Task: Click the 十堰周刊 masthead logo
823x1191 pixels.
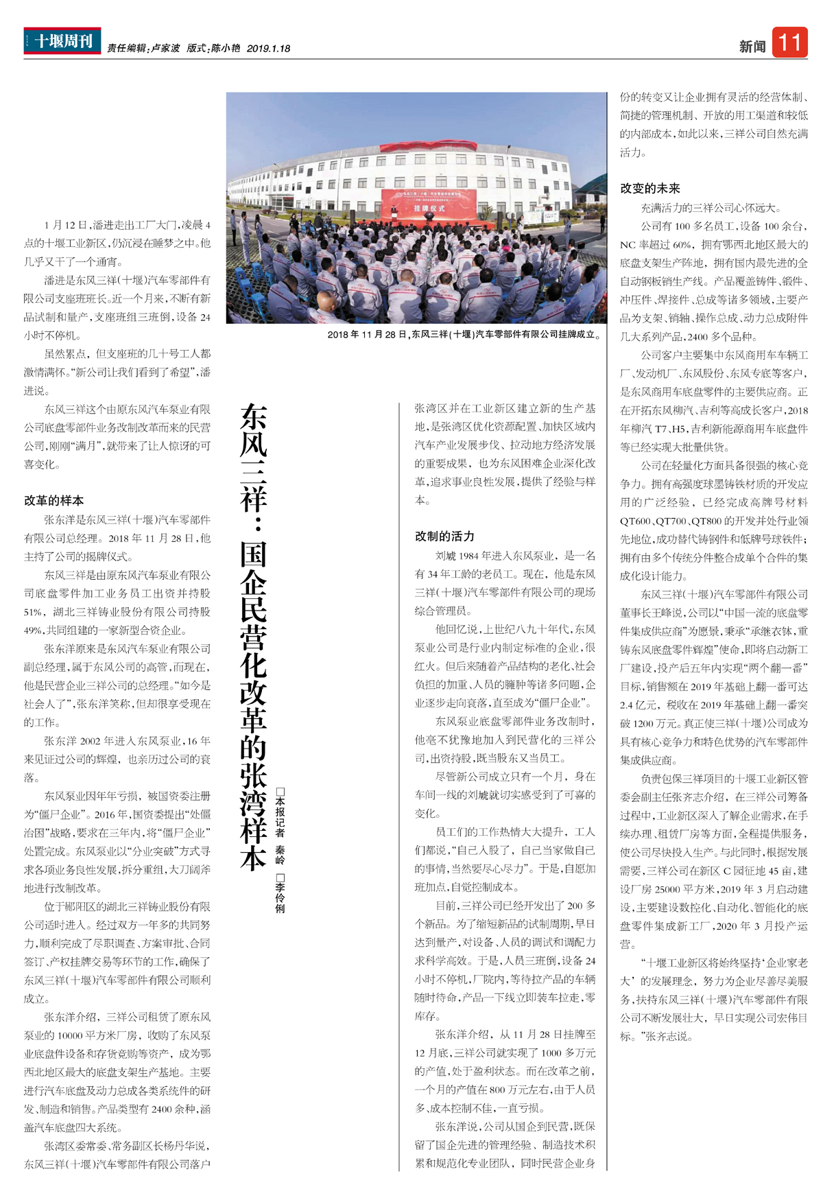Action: click(62, 40)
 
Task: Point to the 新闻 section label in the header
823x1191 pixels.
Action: click(752, 47)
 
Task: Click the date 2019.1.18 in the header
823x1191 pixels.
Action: click(268, 49)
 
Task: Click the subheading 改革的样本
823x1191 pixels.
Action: click(53, 501)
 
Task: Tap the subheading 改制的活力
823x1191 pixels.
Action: click(444, 536)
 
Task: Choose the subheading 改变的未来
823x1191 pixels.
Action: click(649, 189)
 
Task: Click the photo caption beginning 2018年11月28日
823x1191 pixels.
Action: click(464, 335)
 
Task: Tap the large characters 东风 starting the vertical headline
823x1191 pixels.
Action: click(254, 432)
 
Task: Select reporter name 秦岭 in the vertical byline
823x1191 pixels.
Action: click(280, 855)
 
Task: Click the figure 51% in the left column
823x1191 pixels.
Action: click(33, 612)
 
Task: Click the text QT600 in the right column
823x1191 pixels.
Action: click(636, 521)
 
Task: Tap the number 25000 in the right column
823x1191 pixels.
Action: click(669, 889)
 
